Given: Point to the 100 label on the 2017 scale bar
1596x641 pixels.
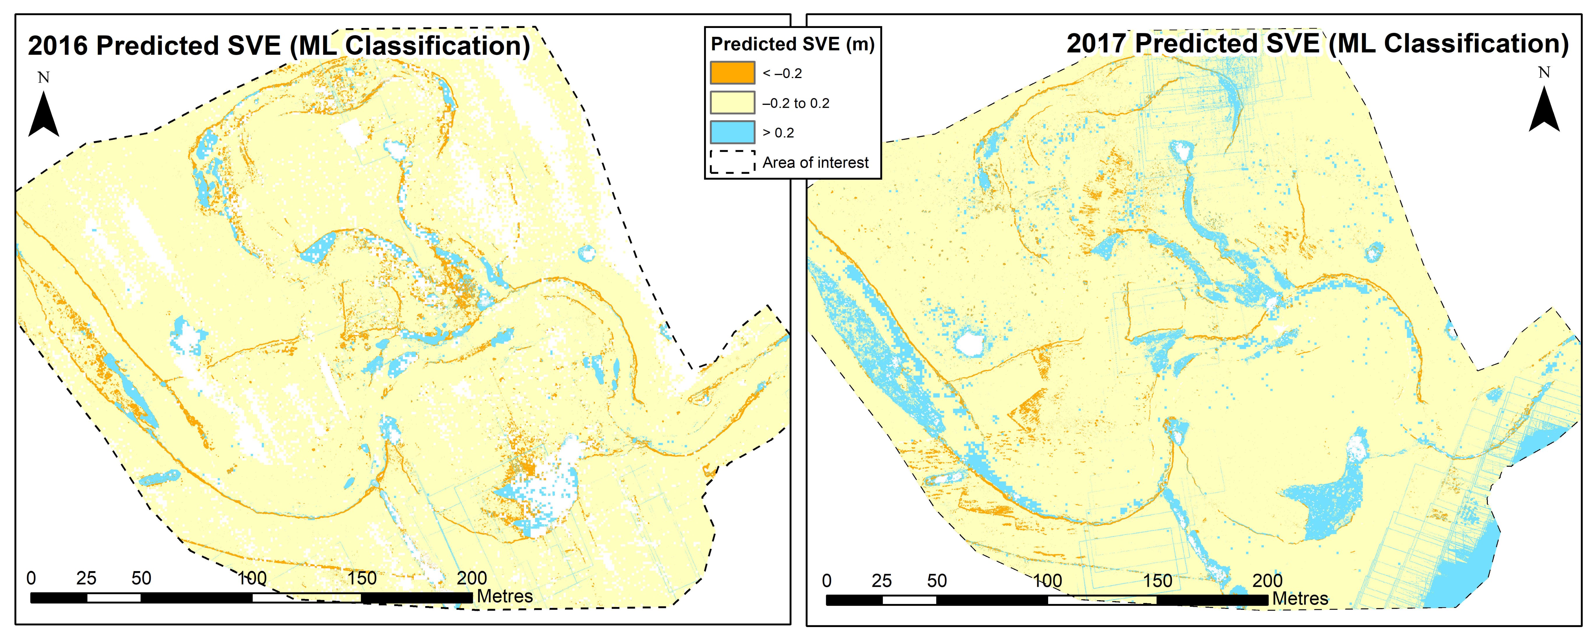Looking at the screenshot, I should tap(1047, 581).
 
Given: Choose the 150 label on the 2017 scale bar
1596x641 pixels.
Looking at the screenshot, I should tap(1157, 581).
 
